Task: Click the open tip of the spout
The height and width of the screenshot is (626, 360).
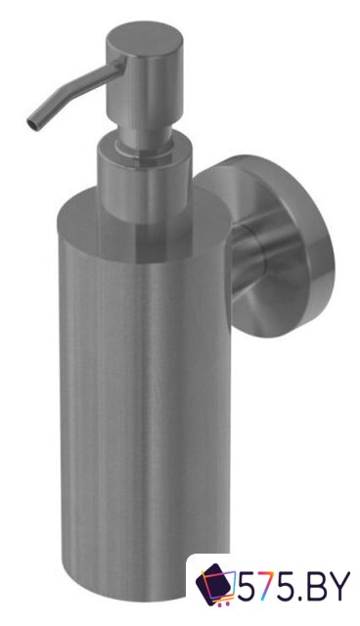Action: [x=31, y=122]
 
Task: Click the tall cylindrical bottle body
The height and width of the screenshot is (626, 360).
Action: [x=145, y=399]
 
